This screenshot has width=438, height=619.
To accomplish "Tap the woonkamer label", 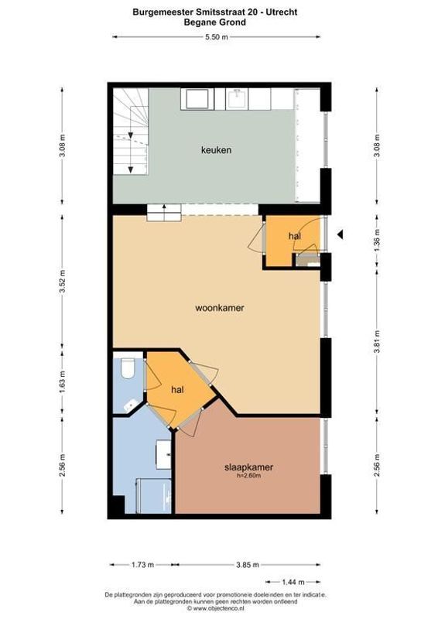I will [220, 308].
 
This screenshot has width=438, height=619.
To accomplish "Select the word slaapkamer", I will [249, 467].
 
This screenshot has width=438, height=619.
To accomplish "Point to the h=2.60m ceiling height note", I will [249, 476].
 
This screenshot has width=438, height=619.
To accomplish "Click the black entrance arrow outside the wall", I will [341, 234].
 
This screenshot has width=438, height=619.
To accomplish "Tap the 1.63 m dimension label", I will [63, 383].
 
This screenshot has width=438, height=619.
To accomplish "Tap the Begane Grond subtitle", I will [215, 22].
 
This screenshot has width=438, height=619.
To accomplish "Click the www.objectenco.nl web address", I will [219, 608].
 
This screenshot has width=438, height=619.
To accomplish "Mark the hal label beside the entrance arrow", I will [294, 235].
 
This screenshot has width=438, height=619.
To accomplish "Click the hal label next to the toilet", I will [177, 390].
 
